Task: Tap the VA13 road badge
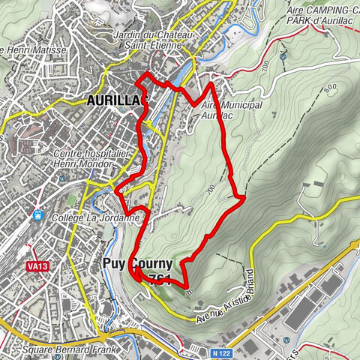34,265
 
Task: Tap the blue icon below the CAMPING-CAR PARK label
283,56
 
